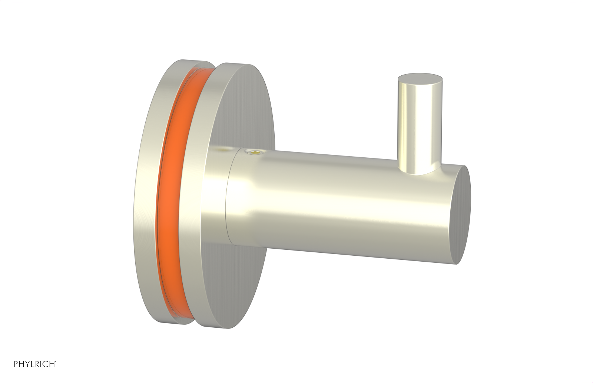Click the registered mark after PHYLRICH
pos(56,361)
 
